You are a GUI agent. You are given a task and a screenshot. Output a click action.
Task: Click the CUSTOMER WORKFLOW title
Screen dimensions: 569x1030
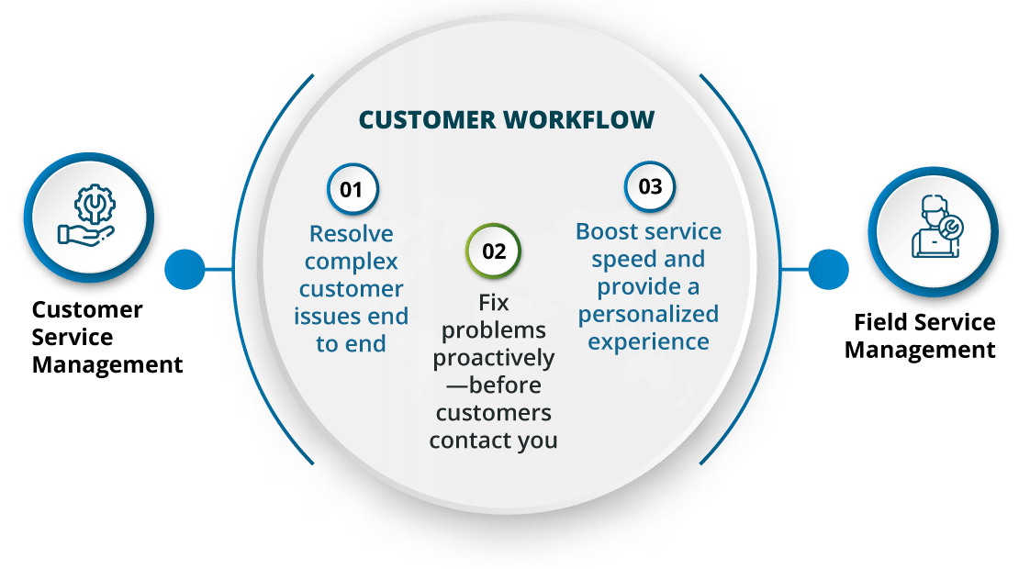point(507,120)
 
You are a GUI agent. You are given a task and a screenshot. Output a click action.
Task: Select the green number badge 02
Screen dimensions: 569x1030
point(494,251)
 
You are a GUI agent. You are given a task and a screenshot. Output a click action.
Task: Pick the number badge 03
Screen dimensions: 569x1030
point(650,187)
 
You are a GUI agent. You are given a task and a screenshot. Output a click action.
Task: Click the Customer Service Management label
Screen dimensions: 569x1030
point(106,337)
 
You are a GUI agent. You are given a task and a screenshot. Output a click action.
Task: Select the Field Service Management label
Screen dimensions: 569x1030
point(920,336)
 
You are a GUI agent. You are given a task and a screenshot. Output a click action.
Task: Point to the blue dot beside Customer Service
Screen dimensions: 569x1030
point(185,270)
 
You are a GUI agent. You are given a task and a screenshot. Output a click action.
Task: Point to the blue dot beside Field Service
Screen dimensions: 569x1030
point(828,270)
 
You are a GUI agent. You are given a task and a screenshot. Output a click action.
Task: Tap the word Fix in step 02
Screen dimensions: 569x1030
point(494,301)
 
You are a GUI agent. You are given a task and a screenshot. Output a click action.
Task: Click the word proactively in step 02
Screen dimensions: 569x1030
point(494,356)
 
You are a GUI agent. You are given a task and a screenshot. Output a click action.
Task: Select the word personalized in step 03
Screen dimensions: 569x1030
point(648,314)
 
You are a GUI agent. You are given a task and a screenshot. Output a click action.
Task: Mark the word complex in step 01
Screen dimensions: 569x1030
point(352,262)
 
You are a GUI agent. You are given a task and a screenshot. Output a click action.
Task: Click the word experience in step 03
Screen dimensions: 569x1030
point(648,341)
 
